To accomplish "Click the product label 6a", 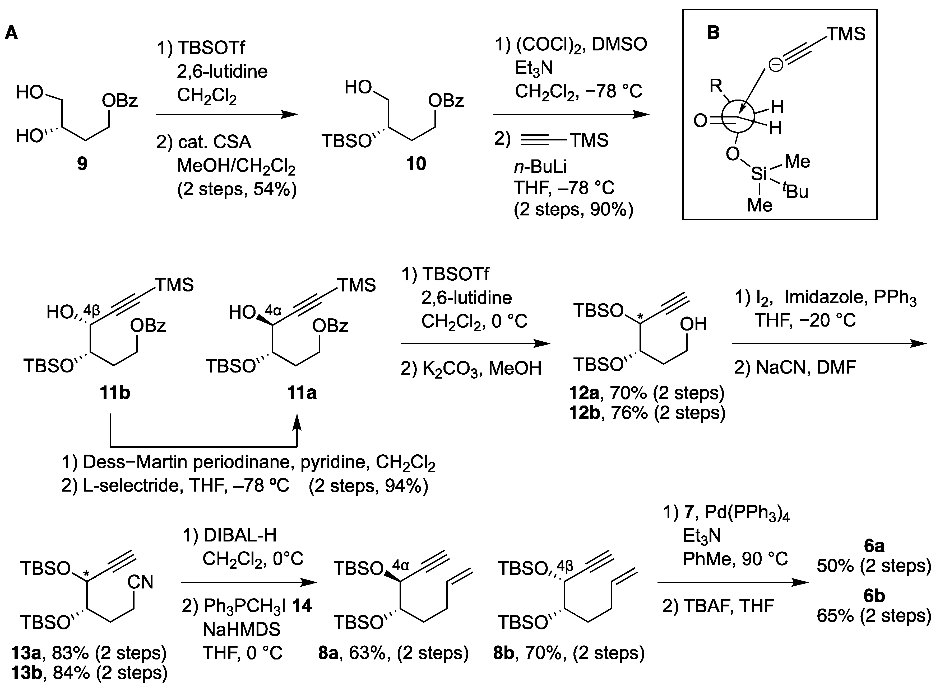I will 874,546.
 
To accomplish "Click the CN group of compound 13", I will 141,582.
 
